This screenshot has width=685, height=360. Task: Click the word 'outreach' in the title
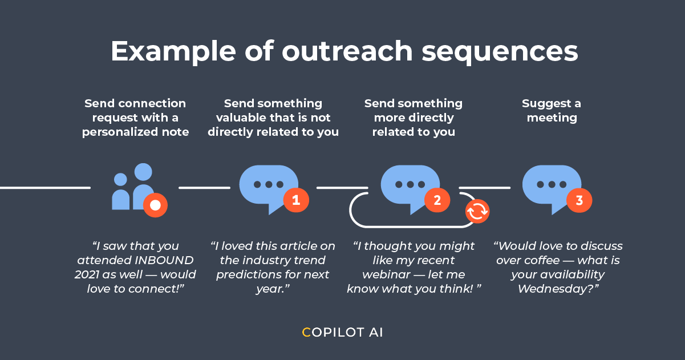tap(346, 51)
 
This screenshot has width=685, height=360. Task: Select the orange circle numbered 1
tap(295, 200)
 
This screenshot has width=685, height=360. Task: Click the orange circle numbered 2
tap(437, 200)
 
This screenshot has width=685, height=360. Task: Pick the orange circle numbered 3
tap(579, 200)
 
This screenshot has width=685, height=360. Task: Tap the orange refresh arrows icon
tap(477, 211)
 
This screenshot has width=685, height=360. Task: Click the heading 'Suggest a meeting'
tap(552, 111)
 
